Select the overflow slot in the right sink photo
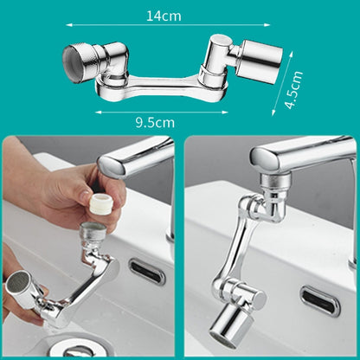319,299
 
